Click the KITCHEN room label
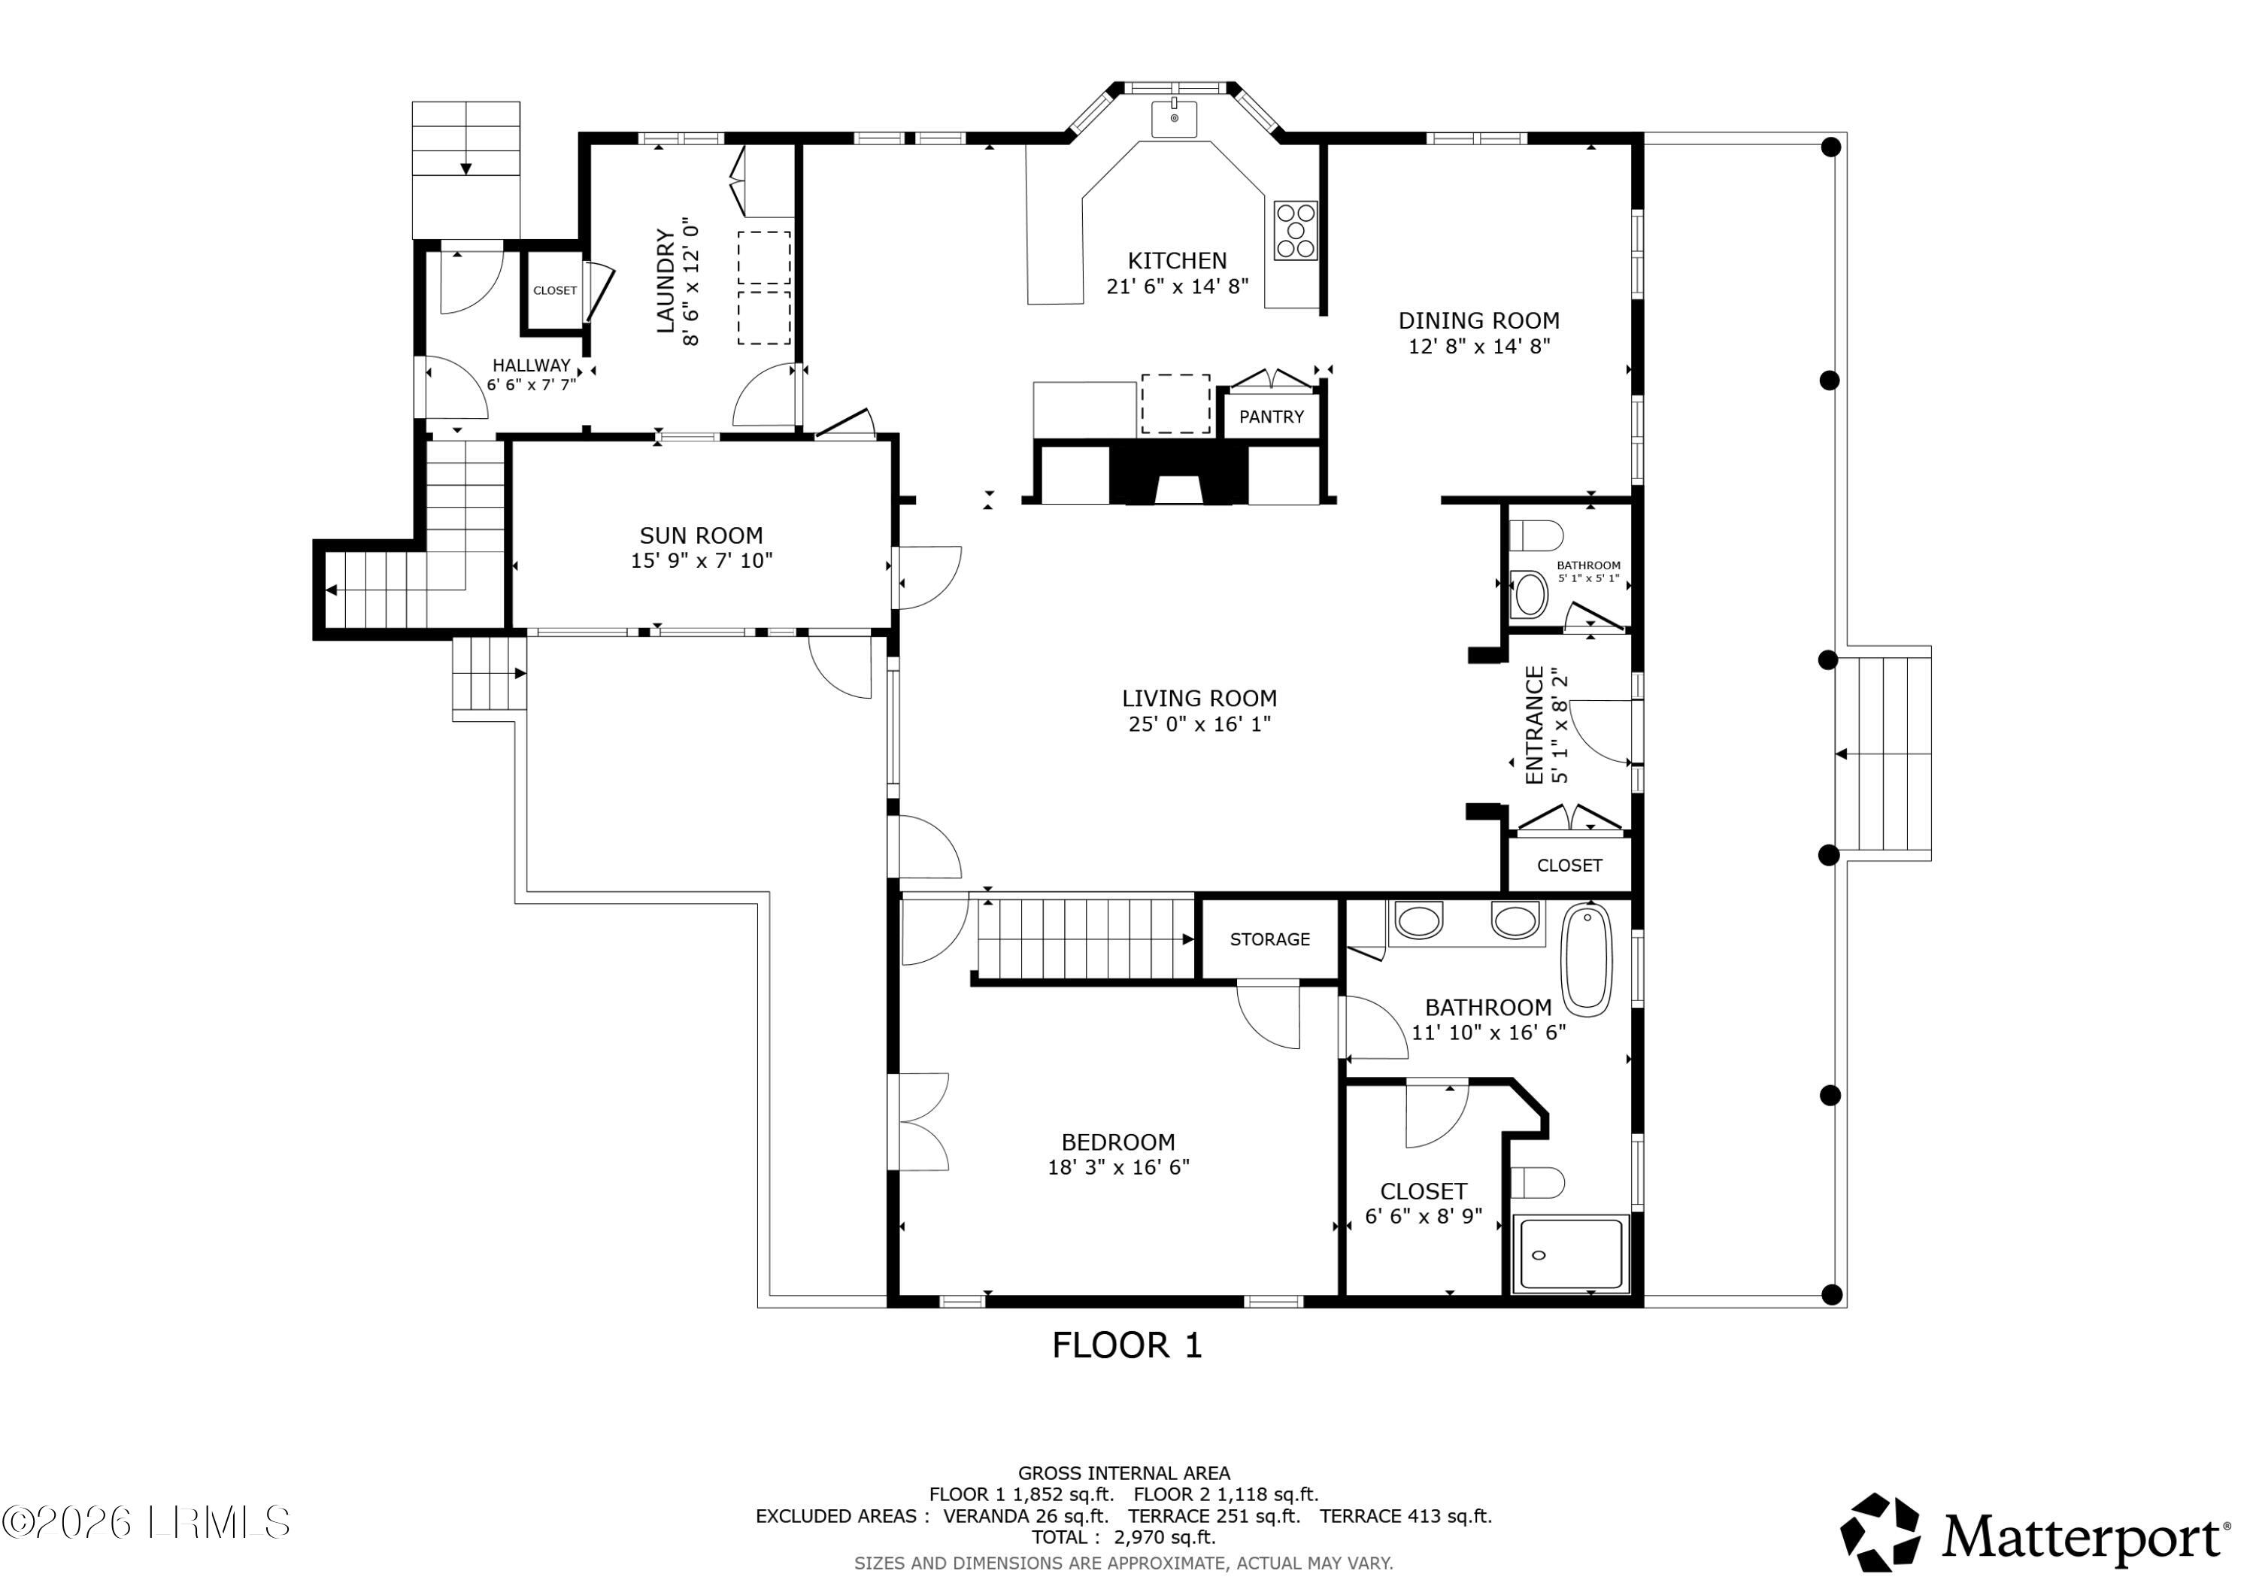[x=1177, y=260]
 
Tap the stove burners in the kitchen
[x=1295, y=230]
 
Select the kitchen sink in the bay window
[x=1174, y=118]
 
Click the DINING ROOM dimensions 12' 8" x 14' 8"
[x=1478, y=346]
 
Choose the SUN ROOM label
[x=702, y=535]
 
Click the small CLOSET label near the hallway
[x=555, y=291]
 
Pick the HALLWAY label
[x=532, y=365]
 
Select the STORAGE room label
[x=1270, y=939]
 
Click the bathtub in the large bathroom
[x=1587, y=961]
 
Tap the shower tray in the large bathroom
[x=1571, y=1254]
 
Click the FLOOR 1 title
[x=1127, y=1345]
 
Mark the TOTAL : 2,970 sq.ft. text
[x=1124, y=1538]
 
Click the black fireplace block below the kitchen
[x=1179, y=474]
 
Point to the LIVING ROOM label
[x=1199, y=699]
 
